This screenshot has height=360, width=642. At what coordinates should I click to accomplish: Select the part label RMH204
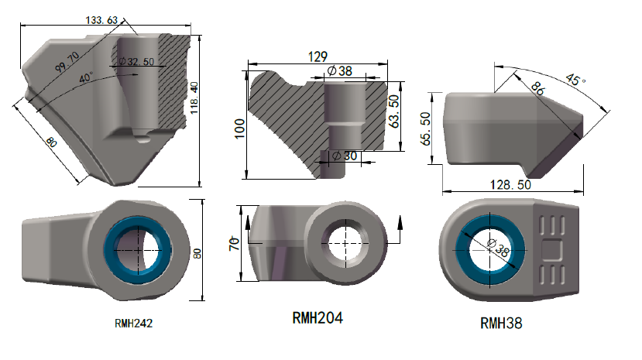click(318, 317)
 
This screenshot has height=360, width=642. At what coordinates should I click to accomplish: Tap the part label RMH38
click(501, 323)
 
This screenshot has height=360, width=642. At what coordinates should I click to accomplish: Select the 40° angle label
click(86, 77)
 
